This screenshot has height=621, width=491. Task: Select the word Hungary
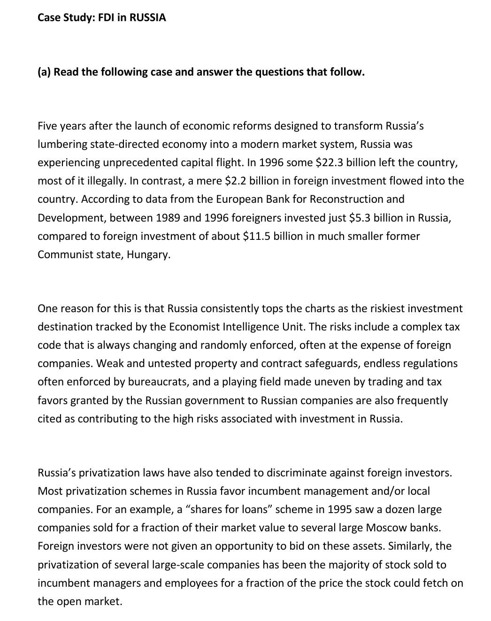click(148, 255)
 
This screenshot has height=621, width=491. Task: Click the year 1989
click(168, 218)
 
